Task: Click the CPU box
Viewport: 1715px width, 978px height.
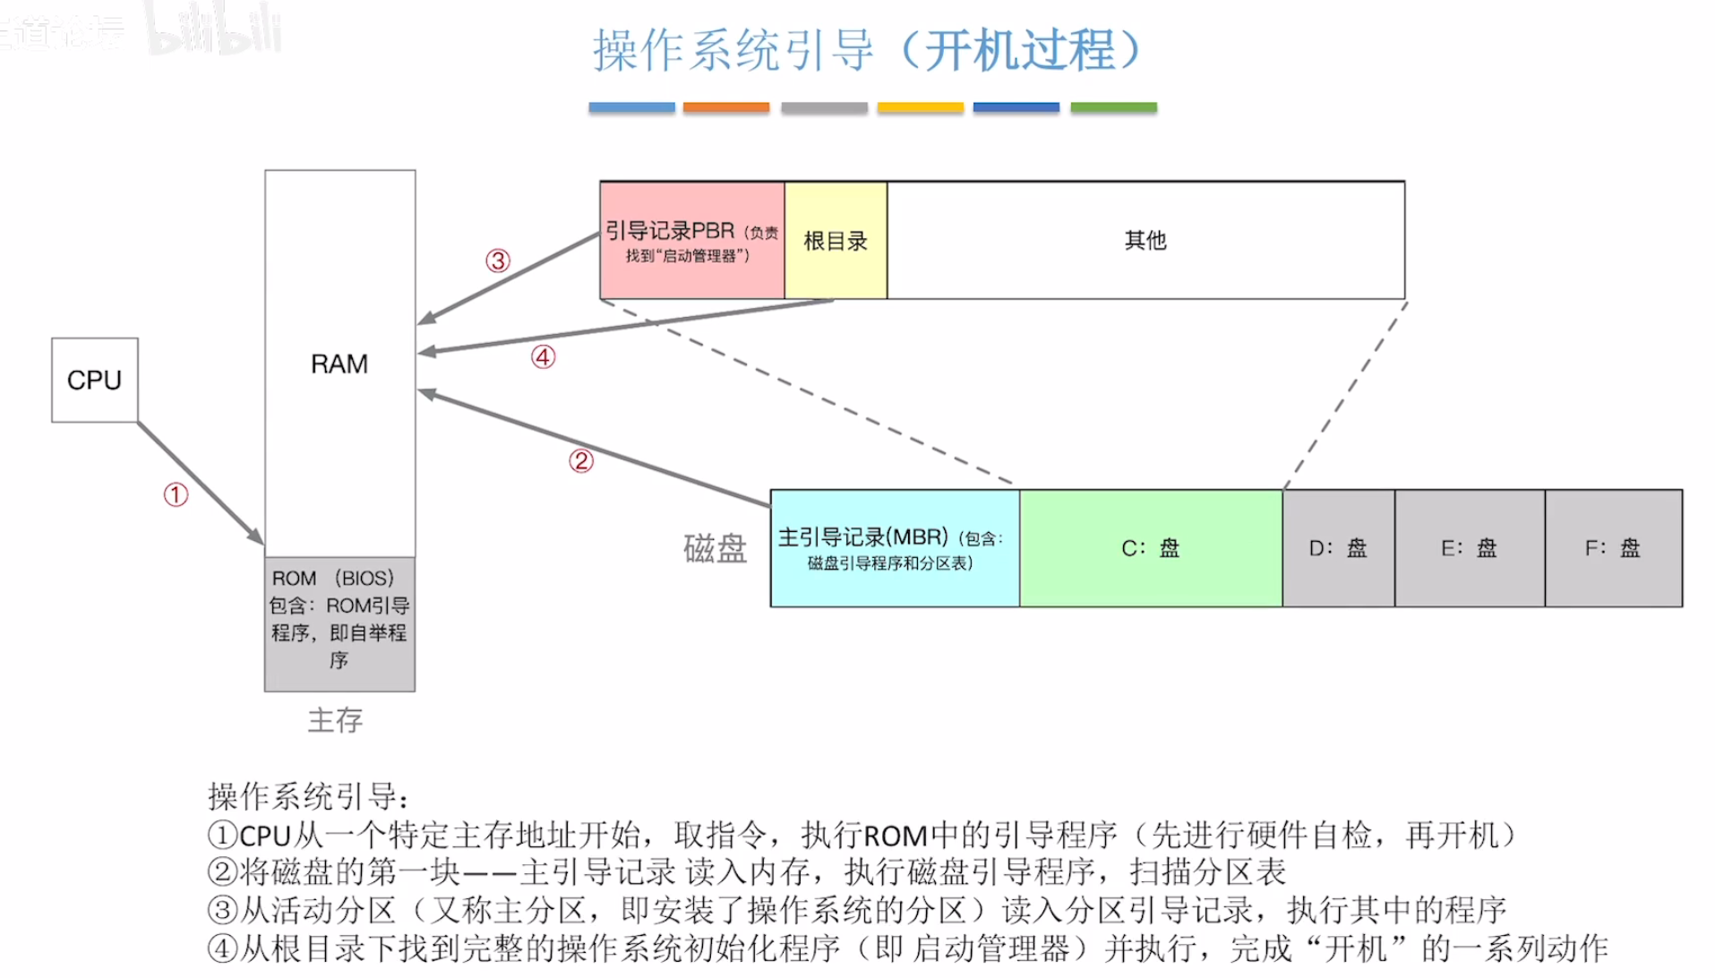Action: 95,380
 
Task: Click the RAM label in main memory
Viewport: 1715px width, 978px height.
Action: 339,365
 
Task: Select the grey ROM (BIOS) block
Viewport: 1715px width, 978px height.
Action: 339,623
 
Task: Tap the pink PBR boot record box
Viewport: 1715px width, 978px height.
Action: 691,241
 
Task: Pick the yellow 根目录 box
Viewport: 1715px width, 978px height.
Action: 836,241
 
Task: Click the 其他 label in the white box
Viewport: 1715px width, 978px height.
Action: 1145,241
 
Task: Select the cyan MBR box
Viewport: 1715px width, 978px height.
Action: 894,548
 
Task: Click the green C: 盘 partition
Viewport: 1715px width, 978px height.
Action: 1151,548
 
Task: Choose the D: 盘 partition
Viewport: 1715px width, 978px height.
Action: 1338,548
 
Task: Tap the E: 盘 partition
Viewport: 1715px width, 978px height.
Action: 1469,548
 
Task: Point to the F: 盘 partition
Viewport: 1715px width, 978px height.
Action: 1613,548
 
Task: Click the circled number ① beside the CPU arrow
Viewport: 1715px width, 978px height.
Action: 176,494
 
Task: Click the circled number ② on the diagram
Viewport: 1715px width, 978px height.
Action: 581,461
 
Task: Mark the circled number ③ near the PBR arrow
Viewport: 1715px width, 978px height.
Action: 498,261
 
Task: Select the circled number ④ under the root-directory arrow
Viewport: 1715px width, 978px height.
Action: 544,357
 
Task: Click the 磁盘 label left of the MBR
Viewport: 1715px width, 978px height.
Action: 715,548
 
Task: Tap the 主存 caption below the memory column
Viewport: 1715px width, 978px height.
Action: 335,720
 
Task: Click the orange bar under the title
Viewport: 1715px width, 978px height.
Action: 725,107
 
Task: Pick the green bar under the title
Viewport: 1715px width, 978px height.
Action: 1113,107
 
